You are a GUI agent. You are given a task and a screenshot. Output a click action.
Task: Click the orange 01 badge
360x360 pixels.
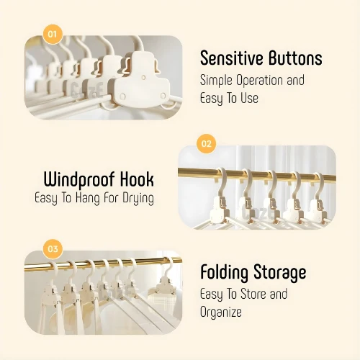53,34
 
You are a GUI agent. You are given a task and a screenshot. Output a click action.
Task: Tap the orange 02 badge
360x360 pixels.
207,143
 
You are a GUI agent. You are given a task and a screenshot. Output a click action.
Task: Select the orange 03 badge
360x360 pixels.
53,249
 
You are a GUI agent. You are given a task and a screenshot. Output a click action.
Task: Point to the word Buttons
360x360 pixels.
295,58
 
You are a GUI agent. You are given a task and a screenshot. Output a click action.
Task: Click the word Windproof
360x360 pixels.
78,180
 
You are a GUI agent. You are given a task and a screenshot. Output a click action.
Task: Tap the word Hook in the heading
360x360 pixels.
137,179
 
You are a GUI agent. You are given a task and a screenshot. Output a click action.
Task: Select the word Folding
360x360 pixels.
224,273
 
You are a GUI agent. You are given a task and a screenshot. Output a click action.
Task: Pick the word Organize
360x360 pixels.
221,312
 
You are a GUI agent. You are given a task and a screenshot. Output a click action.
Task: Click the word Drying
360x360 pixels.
138,199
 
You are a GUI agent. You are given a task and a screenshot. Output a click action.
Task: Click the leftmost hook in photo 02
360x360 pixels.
221,182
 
